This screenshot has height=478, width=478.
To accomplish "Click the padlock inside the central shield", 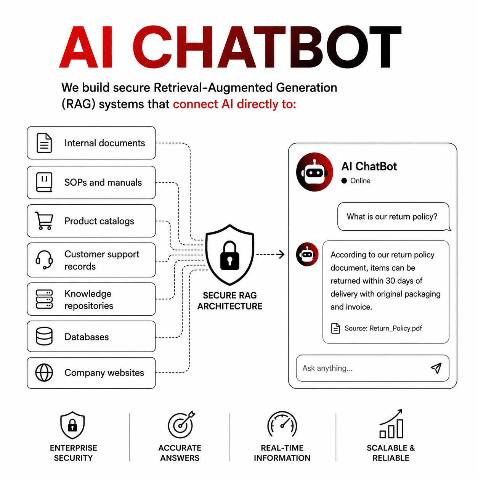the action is (229, 255).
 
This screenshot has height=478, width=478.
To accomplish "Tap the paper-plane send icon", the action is (436, 368).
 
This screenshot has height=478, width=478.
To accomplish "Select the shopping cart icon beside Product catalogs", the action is (44, 221).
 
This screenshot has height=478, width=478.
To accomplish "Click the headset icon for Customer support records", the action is (44, 260).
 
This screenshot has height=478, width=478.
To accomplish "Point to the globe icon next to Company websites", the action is (44, 372).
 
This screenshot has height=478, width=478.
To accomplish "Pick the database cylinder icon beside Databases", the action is (44, 336).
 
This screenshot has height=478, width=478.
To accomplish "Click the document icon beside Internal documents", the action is (44, 143).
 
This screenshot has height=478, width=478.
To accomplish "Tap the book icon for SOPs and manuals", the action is (44, 182).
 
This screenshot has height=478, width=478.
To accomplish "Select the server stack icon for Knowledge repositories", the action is (44, 299).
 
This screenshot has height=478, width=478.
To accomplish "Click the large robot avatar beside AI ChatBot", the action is (314, 172).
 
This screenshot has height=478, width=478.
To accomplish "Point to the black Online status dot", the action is (344, 181).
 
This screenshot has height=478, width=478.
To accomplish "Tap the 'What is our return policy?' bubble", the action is (394, 217).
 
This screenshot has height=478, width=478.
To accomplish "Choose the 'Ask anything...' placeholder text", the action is (327, 368).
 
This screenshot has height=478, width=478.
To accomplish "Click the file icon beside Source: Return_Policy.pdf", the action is (335, 328).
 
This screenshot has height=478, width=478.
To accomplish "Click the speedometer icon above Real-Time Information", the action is (282, 424).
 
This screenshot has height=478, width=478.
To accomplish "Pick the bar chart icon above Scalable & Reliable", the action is (391, 424).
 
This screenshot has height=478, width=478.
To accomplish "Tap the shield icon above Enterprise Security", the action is (72, 425).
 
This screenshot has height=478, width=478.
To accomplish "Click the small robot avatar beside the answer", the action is (307, 254).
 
